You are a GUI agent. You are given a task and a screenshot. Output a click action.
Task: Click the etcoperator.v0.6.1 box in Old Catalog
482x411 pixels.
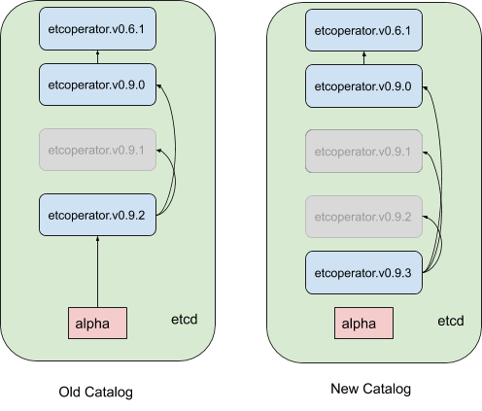(x=97, y=29)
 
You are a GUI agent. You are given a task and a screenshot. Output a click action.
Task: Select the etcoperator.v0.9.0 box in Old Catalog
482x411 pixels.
(x=97, y=85)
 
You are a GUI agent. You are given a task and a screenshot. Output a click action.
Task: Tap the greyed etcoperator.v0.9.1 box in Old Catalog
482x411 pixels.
(x=97, y=150)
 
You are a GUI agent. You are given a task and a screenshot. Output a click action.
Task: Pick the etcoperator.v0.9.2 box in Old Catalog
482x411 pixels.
(x=97, y=215)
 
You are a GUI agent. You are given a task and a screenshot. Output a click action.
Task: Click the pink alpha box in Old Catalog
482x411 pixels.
(x=97, y=324)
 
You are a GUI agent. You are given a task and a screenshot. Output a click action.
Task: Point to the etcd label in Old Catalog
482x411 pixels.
(x=184, y=320)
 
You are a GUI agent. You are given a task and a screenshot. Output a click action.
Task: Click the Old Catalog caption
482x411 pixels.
(x=96, y=393)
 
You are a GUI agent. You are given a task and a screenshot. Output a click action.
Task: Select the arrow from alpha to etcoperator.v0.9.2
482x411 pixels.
(x=97, y=272)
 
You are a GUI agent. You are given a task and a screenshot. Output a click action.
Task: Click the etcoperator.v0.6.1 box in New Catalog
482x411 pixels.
(x=363, y=30)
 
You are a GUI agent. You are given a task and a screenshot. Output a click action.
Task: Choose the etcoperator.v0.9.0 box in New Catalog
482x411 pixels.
(x=363, y=86)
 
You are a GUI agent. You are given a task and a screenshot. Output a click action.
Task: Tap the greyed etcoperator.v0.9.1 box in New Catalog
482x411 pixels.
(x=363, y=152)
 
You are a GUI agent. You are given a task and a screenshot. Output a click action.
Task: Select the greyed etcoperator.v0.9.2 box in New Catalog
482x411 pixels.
(x=363, y=217)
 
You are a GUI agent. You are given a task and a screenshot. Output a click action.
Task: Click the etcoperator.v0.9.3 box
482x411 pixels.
(x=363, y=273)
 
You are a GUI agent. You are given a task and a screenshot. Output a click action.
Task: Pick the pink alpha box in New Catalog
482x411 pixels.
(x=363, y=324)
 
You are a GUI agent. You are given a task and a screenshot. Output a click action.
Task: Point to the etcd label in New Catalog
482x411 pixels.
(x=451, y=321)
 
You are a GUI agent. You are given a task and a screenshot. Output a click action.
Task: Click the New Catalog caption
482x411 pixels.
(x=371, y=389)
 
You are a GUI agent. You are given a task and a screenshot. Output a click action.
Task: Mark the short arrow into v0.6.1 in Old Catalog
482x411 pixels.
(x=97, y=57)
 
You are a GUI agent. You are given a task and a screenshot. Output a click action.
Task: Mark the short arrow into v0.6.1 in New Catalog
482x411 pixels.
(x=363, y=58)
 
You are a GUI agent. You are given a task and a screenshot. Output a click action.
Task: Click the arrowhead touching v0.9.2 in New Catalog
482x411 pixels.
(x=425, y=217)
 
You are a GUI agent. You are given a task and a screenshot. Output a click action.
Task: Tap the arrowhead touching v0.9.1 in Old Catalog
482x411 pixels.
(x=158, y=150)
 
